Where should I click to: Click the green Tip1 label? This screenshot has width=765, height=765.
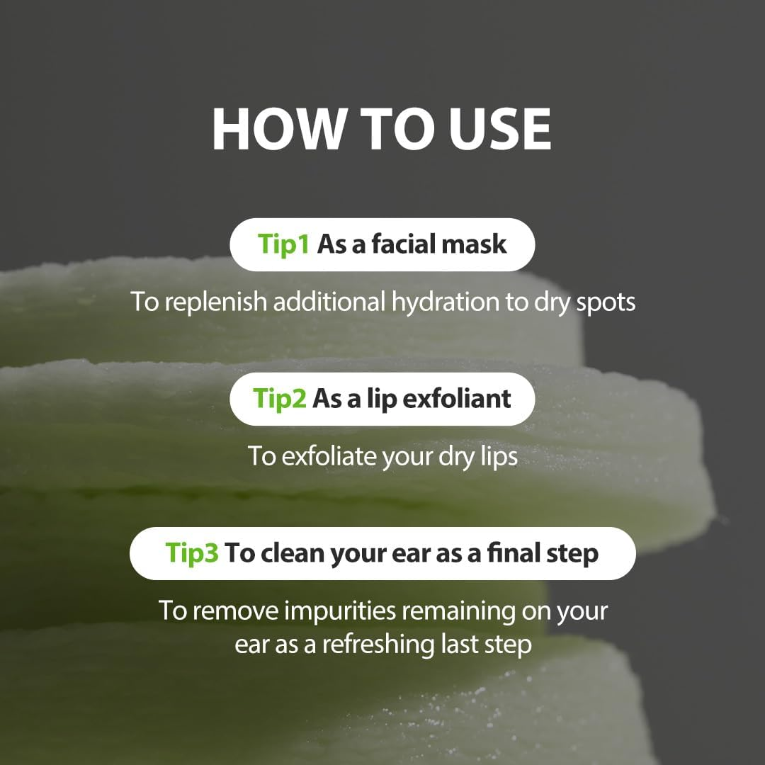pos(283,244)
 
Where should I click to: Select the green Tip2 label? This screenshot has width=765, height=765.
pos(280,399)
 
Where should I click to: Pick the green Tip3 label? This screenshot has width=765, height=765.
pos(192,553)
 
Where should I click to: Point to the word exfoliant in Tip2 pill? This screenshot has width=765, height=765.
pos(457,399)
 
